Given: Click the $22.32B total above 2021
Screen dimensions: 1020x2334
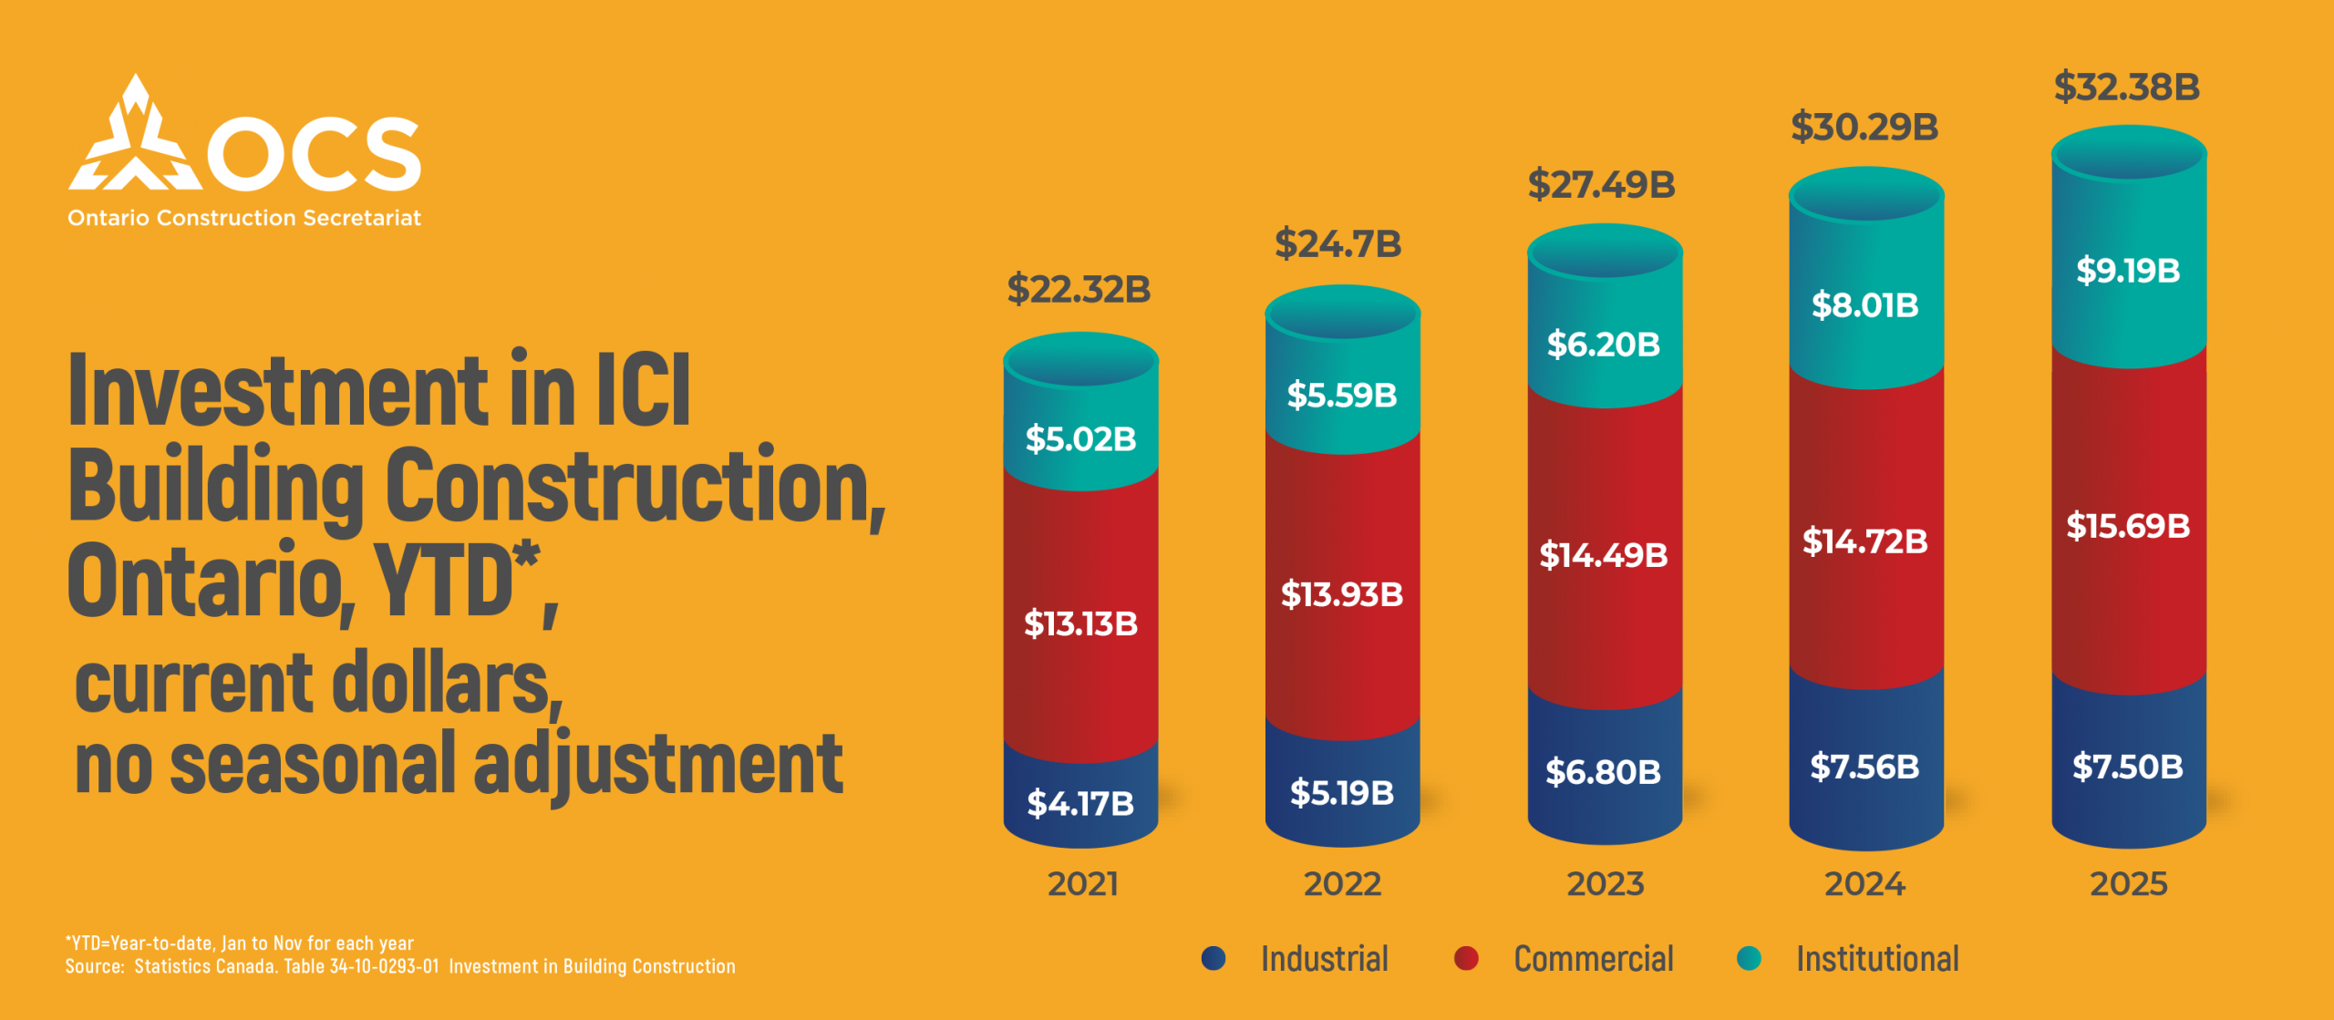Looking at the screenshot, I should [x=1079, y=290].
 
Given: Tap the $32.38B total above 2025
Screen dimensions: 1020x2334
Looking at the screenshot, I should [x=2127, y=88].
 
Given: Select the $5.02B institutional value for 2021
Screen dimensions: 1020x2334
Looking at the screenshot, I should [x=1080, y=439].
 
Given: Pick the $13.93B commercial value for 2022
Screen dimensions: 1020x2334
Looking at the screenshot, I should [x=1342, y=595].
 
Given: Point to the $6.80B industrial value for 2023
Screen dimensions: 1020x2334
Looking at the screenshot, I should [x=1603, y=772].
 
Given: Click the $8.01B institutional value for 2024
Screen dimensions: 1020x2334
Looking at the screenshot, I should [x=1864, y=305].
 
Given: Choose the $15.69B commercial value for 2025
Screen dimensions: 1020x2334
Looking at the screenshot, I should [x=2128, y=526].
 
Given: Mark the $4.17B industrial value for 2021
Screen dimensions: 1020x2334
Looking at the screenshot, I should [x=1080, y=804].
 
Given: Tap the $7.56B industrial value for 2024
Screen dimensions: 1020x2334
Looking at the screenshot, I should [x=1864, y=767].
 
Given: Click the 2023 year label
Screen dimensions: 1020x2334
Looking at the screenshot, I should [x=1605, y=884].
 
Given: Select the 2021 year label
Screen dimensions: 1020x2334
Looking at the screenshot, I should [x=1082, y=884].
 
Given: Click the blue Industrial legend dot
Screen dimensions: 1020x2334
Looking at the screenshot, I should [x=1213, y=958].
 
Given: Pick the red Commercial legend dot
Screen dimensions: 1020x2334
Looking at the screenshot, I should [x=1466, y=958].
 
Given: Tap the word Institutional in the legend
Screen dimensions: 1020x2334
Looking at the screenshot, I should [x=1877, y=959].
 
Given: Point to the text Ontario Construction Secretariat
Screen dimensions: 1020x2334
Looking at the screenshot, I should [x=244, y=219].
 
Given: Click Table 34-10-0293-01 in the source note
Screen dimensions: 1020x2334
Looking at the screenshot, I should [x=361, y=966].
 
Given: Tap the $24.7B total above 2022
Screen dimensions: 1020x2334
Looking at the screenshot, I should [x=1337, y=244].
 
